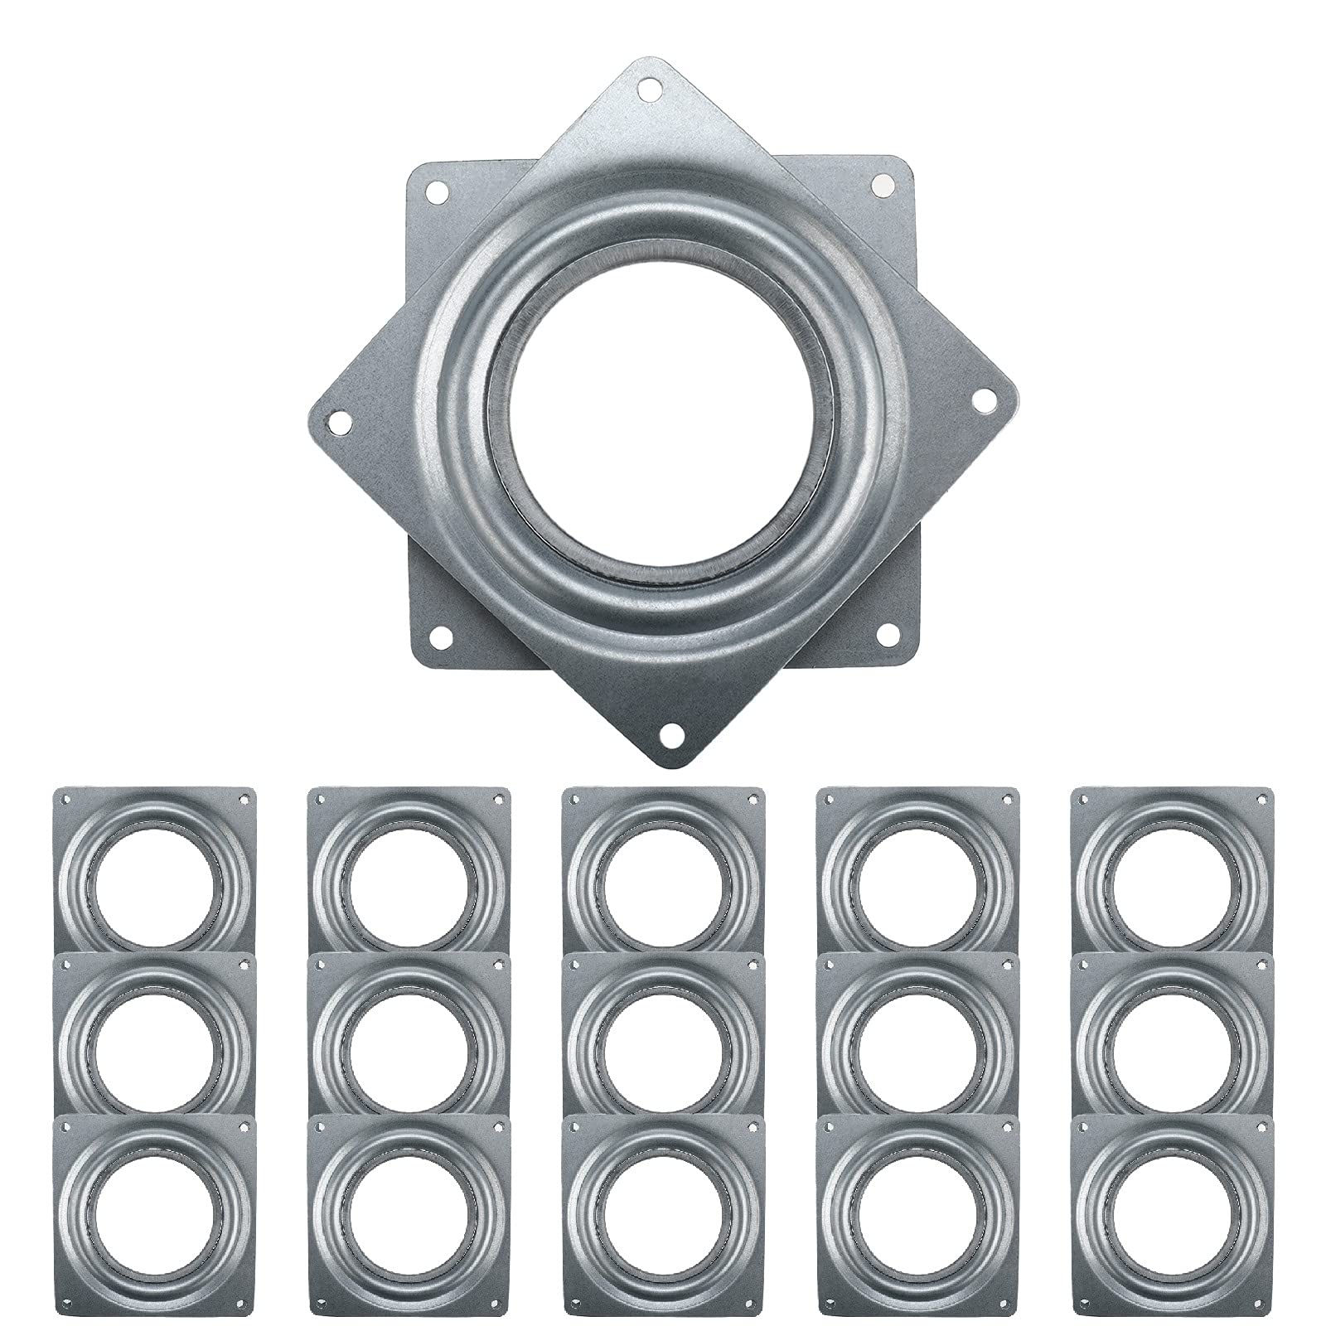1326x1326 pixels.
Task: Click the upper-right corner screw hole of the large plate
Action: tap(883, 184)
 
